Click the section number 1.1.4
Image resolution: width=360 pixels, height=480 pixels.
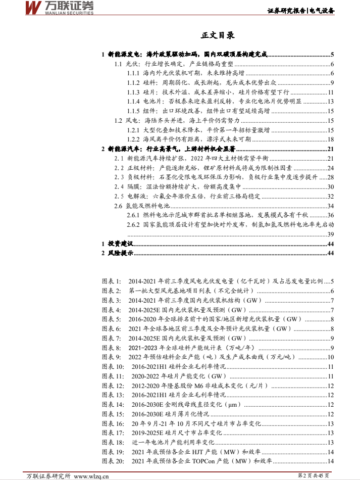tap(133, 102)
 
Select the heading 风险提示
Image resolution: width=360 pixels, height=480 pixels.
tap(120, 253)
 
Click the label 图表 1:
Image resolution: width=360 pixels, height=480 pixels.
tap(112, 281)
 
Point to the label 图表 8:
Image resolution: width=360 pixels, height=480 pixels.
tap(112, 348)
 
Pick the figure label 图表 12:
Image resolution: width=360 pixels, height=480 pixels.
tap(113, 387)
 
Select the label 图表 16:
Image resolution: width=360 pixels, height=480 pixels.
tap(113, 424)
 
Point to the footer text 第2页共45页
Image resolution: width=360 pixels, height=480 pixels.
tap(313, 475)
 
